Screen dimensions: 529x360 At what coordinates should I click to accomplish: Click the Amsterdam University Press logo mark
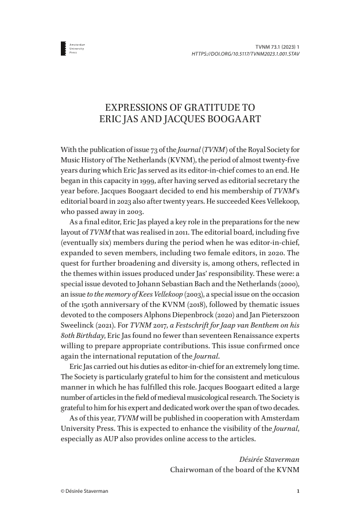(63, 49)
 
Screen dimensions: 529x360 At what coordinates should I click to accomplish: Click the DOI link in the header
(246, 54)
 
